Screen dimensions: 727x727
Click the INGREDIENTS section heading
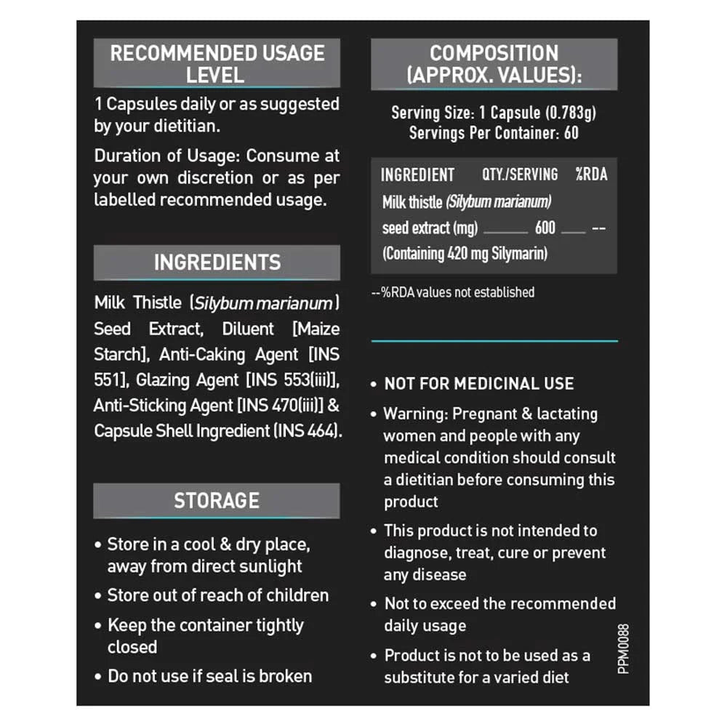pyautogui.click(x=217, y=262)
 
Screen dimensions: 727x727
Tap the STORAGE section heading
pyautogui.click(x=217, y=500)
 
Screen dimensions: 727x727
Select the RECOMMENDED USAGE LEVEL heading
pyautogui.click(x=217, y=63)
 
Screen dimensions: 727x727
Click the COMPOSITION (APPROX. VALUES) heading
pyautogui.click(x=494, y=63)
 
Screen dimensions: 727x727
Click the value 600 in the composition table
pyautogui.click(x=545, y=228)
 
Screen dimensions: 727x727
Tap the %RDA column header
pyautogui.click(x=591, y=174)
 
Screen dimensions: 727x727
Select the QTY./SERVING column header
pyautogui.click(x=520, y=174)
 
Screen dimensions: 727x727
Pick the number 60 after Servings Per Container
pyautogui.click(x=571, y=133)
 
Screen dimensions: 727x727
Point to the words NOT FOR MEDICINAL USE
pyautogui.click(x=479, y=384)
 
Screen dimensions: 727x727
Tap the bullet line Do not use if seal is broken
pyautogui.click(x=209, y=676)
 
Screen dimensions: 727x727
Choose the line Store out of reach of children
pyautogui.click(x=217, y=595)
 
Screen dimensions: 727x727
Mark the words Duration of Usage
pyautogui.click(x=166, y=156)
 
